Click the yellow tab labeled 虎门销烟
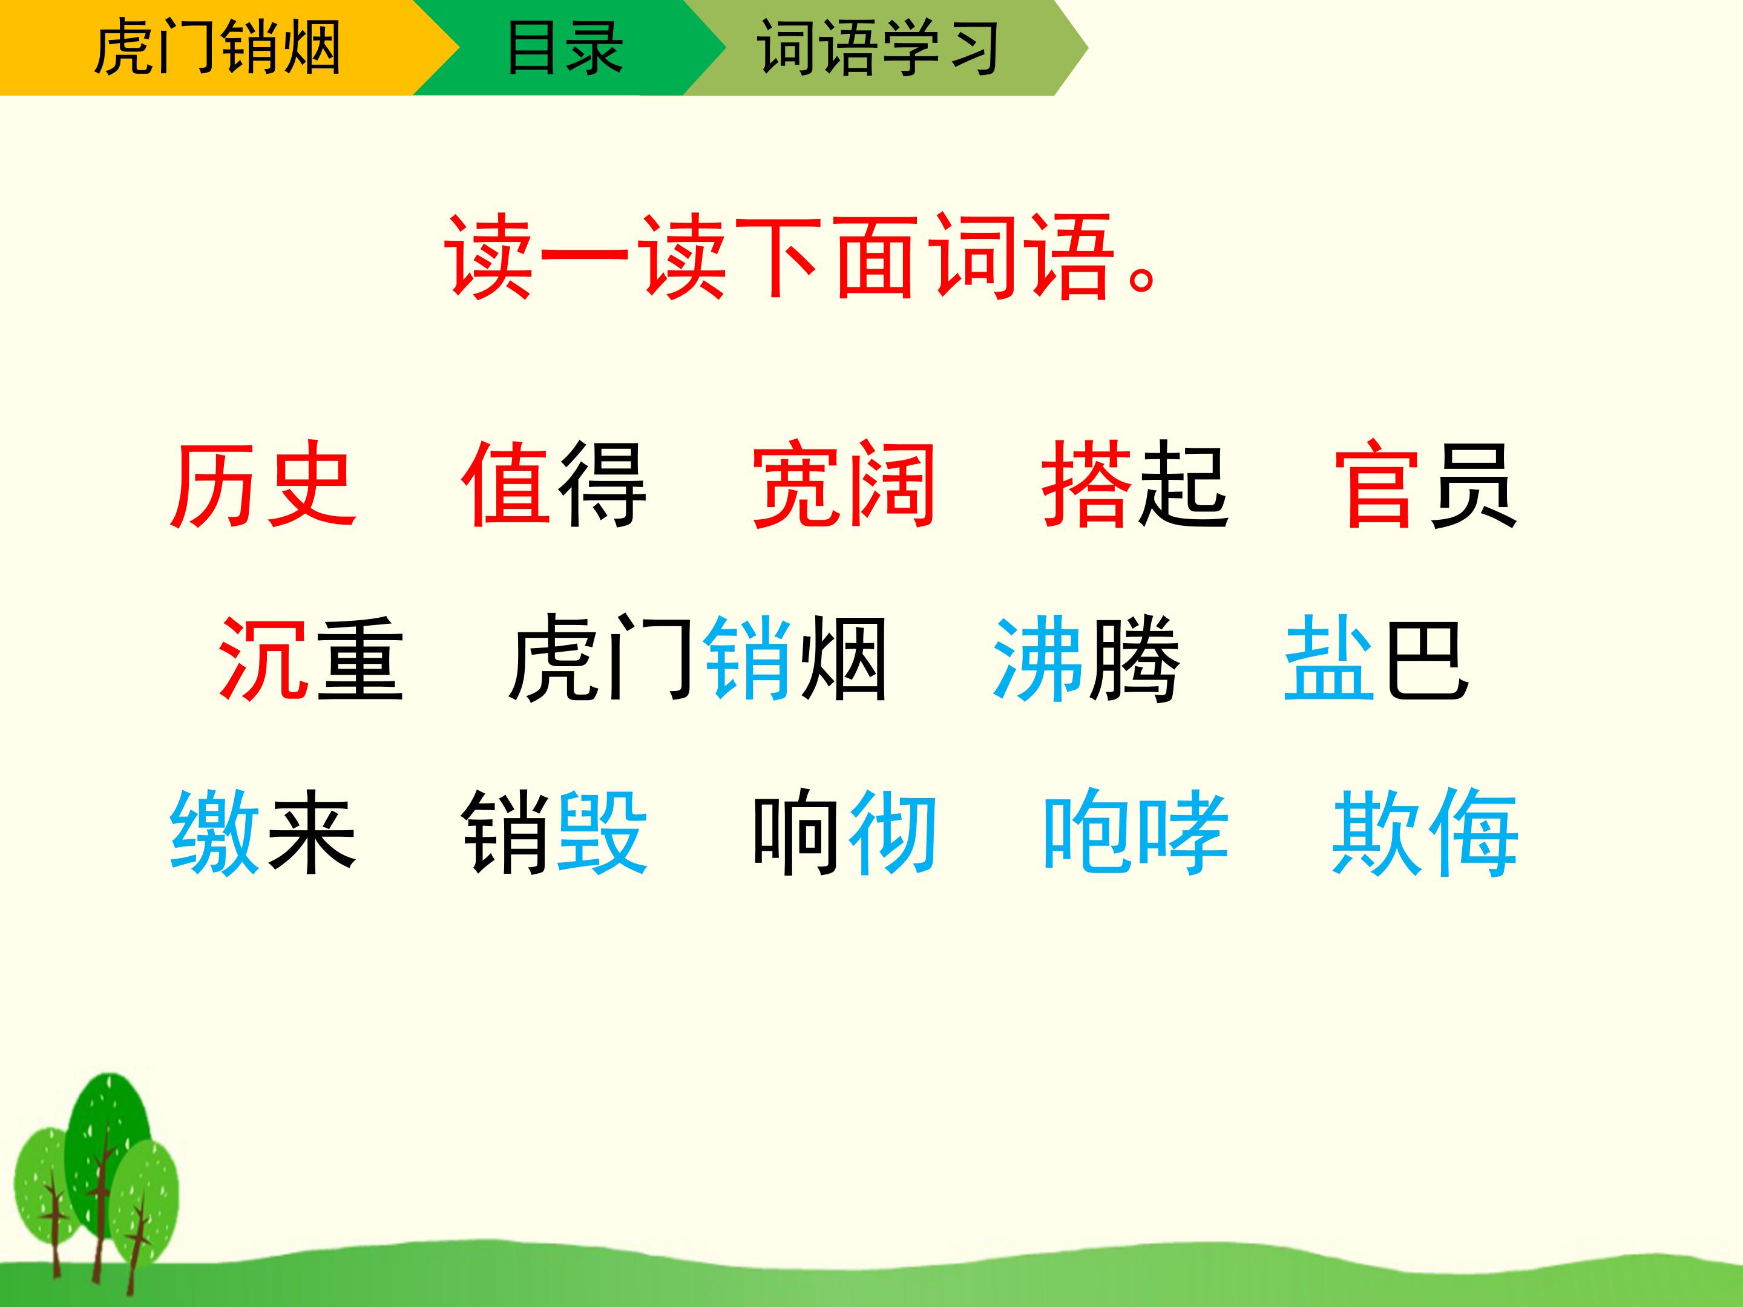point(217,47)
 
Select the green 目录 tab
point(563,47)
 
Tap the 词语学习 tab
point(879,47)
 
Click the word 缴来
point(263,834)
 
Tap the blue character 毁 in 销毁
point(602,834)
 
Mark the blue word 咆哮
point(1135,834)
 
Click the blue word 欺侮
point(1425,834)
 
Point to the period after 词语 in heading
point(1142,280)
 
